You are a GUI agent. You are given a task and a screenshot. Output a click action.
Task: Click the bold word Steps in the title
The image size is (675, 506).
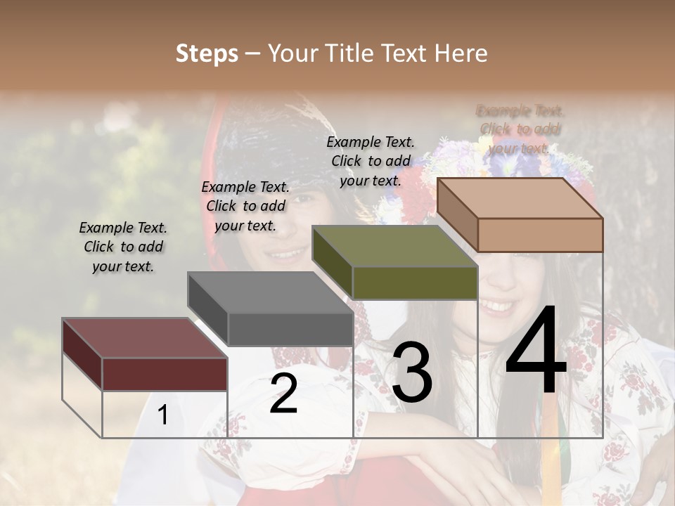coord(207,53)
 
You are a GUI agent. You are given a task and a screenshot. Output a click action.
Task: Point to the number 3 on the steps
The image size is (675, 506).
coord(412,372)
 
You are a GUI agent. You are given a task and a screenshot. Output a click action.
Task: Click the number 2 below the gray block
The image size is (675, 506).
coord(283,394)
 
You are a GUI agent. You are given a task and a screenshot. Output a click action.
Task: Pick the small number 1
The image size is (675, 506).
coord(162,415)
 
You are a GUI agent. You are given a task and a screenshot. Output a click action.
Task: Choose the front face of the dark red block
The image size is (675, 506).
coord(165,374)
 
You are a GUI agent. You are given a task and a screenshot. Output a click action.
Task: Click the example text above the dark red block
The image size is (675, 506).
coord(123,247)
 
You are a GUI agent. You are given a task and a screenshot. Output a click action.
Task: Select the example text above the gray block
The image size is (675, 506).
coord(245,206)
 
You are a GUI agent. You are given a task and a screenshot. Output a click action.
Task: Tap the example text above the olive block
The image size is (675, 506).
coord(371,161)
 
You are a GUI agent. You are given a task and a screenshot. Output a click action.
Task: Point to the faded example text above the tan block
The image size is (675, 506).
coord(520,129)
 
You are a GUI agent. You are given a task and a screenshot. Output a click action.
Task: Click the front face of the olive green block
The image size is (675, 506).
coord(415,283)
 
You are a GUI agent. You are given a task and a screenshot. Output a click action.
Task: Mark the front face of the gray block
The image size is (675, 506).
coord(290,329)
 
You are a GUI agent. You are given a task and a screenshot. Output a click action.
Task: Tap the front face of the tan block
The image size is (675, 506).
coord(540,235)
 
